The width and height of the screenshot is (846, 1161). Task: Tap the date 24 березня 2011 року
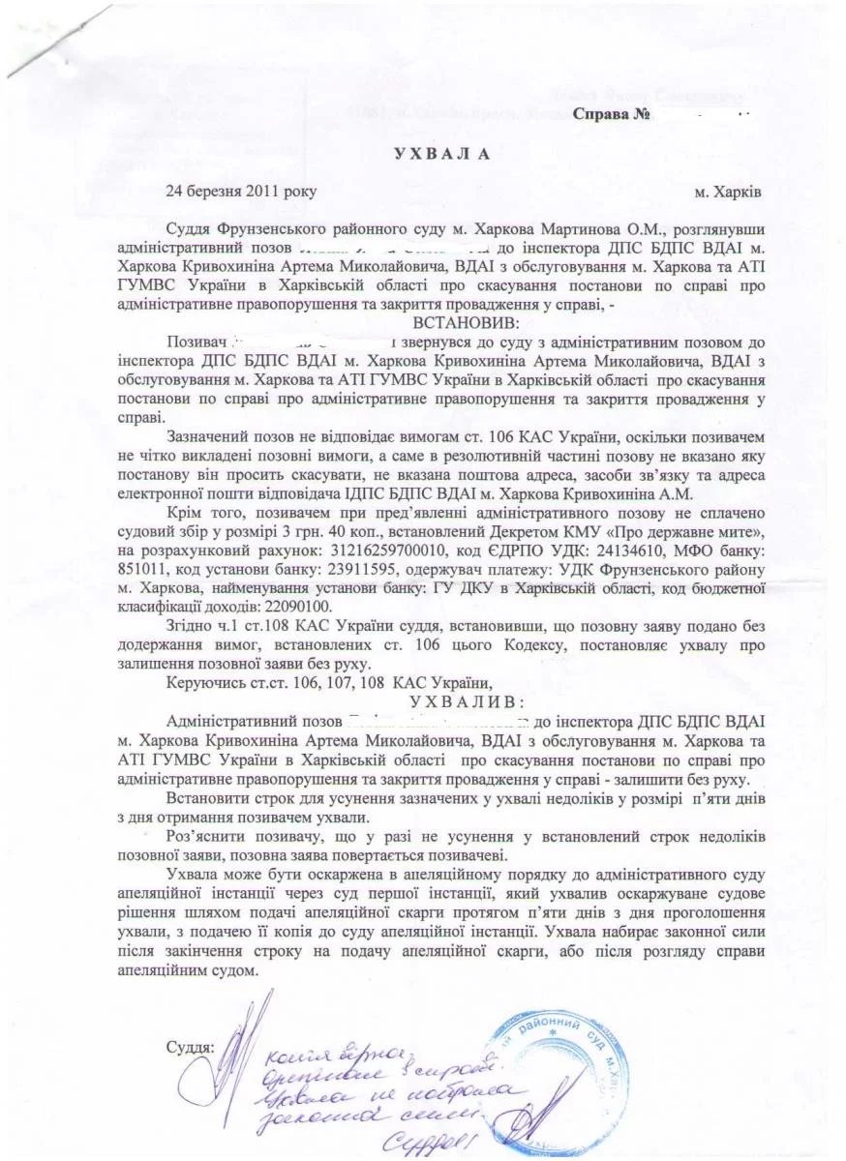tap(240, 192)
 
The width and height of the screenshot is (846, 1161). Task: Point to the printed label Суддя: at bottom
tap(190, 1046)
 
